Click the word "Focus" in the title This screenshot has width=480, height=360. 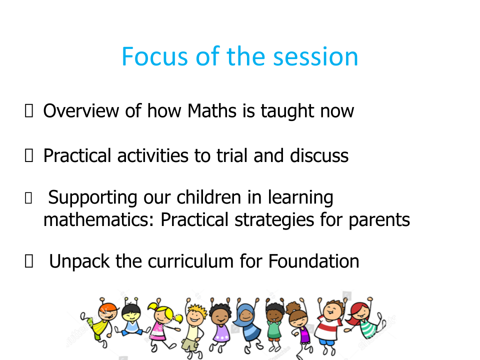click(x=154, y=56)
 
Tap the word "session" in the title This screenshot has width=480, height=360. click(x=315, y=56)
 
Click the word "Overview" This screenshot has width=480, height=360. click(x=81, y=110)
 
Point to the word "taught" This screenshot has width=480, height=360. click(x=287, y=111)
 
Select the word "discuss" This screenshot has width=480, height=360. click(x=319, y=155)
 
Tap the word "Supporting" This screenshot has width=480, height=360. click(x=93, y=198)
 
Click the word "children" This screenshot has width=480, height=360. click(x=209, y=197)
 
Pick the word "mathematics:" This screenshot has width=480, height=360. click(x=98, y=219)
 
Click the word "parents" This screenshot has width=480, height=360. click(x=379, y=220)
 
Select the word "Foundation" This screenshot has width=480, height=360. click(x=314, y=261)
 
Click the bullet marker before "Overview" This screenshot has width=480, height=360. click(x=29, y=110)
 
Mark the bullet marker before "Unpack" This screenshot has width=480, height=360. click(x=29, y=261)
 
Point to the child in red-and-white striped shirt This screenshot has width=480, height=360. click(x=330, y=325)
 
